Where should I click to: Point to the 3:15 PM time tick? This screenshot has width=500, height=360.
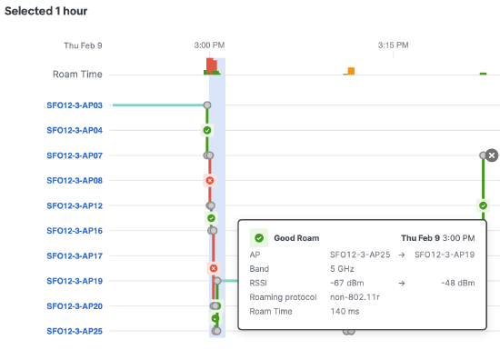click(393, 44)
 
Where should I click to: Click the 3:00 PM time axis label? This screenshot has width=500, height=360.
click(209, 44)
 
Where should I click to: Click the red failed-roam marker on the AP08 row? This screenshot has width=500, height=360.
click(210, 181)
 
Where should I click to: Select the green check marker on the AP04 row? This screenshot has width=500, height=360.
click(207, 131)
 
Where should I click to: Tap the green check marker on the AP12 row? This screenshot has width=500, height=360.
click(483, 205)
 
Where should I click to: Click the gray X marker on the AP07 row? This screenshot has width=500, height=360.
click(492, 155)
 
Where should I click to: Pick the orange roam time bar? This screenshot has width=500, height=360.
click(351, 71)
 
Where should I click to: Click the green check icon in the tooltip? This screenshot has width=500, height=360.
click(259, 238)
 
